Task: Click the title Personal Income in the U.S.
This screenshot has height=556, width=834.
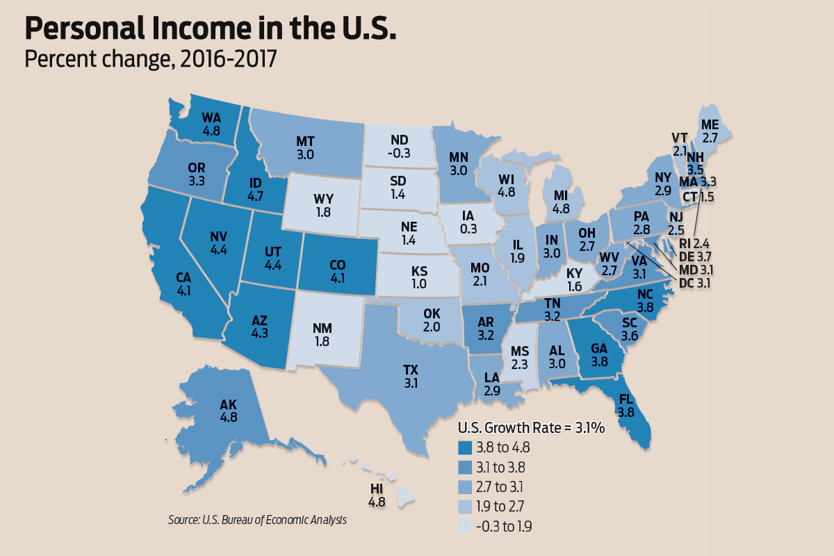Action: point(211,30)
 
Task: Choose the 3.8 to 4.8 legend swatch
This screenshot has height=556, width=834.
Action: point(465,448)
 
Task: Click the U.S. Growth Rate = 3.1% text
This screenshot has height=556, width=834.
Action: point(530,428)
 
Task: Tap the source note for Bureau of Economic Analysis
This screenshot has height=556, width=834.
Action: point(257,519)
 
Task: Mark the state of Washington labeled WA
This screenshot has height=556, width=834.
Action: point(211,123)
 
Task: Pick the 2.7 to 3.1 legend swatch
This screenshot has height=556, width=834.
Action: point(465,486)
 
